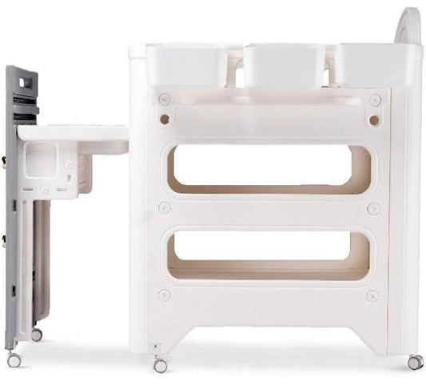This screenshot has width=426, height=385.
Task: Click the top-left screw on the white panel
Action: [165, 99]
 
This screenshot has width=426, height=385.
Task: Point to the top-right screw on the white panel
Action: [375, 100]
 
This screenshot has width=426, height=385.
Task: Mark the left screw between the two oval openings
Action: [165, 208]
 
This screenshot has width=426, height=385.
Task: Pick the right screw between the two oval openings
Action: [373, 208]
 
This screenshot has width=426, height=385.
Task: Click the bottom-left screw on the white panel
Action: [164, 295]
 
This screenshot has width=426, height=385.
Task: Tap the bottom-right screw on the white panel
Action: [372, 296]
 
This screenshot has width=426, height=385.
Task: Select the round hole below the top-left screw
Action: [165, 119]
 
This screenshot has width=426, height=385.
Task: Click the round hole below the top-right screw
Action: [373, 120]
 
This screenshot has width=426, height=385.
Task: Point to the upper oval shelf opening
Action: [269, 170]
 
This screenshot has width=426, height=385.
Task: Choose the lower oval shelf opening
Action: [269, 255]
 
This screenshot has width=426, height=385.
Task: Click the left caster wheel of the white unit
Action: [161, 365]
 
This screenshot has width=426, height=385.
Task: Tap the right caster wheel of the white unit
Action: [415, 363]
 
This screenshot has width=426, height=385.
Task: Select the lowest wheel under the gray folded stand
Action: [14, 359]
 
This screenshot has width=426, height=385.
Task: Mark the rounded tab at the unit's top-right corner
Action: [409, 24]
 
